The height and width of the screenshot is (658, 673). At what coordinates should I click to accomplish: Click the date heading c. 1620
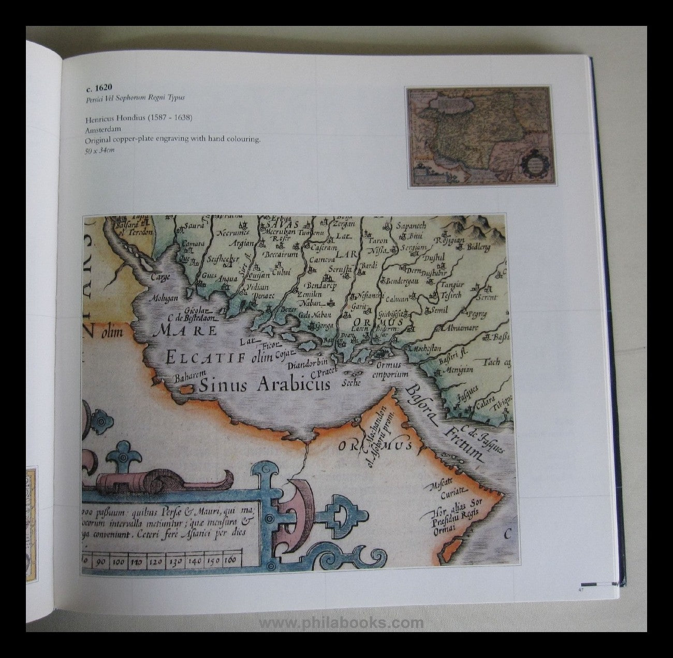tap(99, 88)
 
